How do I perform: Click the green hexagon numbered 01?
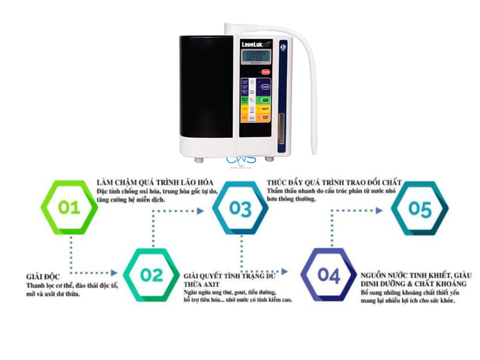pos(69,208)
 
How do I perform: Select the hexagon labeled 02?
pos(151,275)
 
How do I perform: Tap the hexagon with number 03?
pos(240,208)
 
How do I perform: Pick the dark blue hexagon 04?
pos(329,275)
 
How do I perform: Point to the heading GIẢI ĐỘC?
pos(43,276)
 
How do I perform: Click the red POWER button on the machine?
pos(265,72)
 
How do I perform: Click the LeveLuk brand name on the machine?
pos(253,44)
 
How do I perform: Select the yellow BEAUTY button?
pos(265,109)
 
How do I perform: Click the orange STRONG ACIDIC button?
pos(265,118)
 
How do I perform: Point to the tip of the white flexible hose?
pos(313,149)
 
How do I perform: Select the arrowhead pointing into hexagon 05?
pos(382,211)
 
